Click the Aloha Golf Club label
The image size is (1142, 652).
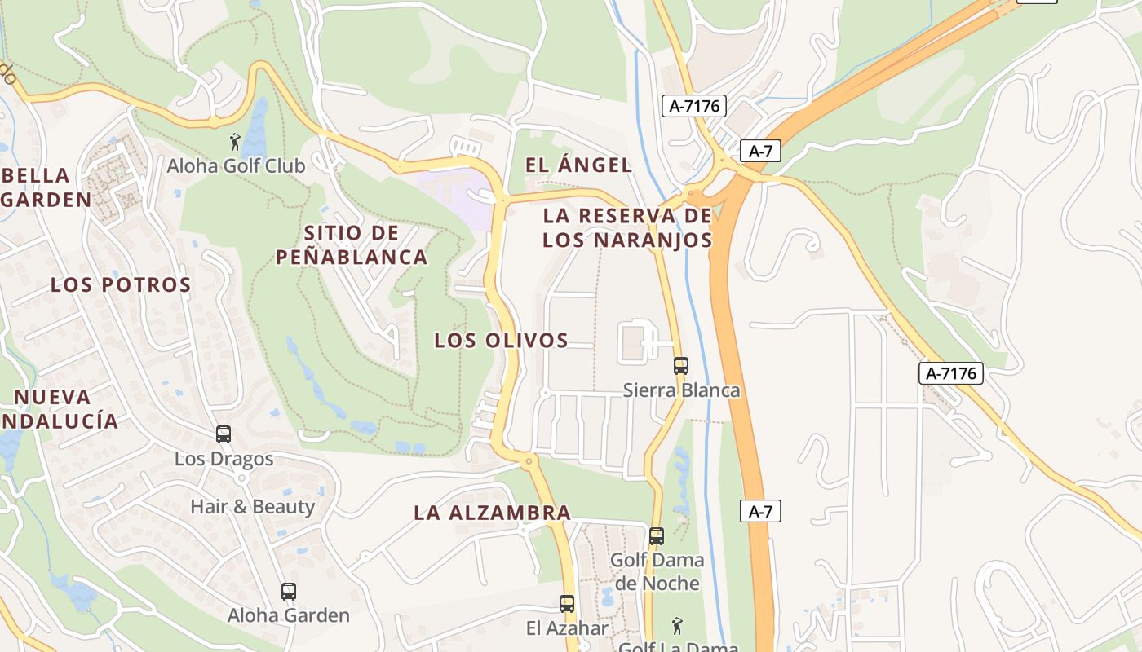click(x=236, y=166)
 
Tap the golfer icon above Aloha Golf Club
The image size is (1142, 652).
click(x=236, y=142)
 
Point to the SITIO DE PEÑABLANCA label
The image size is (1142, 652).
click(x=352, y=245)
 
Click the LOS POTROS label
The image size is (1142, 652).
click(x=121, y=285)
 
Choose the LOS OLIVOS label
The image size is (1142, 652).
click(x=501, y=341)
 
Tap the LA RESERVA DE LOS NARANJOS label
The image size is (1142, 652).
click(x=627, y=228)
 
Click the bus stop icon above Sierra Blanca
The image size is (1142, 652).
click(x=681, y=366)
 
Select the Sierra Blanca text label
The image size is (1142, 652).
click(x=682, y=390)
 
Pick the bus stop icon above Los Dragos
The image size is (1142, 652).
click(x=224, y=434)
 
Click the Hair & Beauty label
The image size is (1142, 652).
click(x=252, y=507)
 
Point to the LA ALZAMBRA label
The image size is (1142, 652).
click(x=492, y=513)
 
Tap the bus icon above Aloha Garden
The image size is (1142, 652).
click(x=289, y=592)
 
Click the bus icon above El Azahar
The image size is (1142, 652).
click(x=567, y=604)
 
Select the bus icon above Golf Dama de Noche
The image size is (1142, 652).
click(x=657, y=536)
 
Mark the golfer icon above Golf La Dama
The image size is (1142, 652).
click(x=677, y=627)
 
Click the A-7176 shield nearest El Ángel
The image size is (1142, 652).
click(x=693, y=105)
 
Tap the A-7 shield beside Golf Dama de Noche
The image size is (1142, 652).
click(x=760, y=512)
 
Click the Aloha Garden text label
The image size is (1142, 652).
click(x=289, y=615)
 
